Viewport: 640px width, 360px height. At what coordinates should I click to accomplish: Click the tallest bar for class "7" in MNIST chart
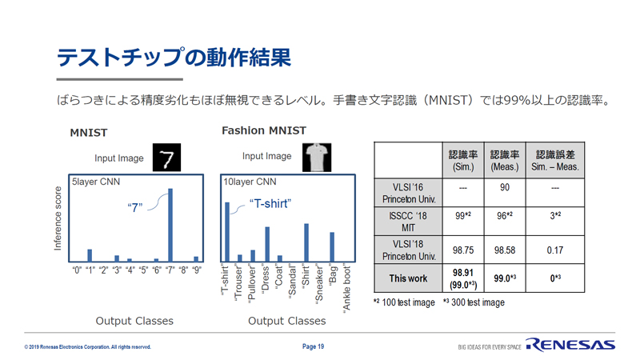click(x=170, y=225)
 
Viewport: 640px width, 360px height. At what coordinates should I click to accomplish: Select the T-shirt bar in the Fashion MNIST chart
click(x=227, y=232)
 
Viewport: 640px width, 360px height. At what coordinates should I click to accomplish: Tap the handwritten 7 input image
click(x=166, y=158)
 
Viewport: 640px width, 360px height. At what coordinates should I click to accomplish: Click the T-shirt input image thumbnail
click(x=317, y=158)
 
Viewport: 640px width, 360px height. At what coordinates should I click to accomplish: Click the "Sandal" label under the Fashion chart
click(x=292, y=282)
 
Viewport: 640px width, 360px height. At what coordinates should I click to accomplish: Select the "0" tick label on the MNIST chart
click(x=77, y=270)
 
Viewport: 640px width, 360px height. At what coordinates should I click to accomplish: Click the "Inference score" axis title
click(x=58, y=218)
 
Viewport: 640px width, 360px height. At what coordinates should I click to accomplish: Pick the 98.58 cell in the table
click(x=505, y=250)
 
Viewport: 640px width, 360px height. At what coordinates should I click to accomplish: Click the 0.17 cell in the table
click(x=555, y=250)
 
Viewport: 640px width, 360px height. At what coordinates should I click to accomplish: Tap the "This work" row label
click(x=408, y=278)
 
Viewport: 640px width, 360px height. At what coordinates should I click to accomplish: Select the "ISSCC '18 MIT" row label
click(x=408, y=222)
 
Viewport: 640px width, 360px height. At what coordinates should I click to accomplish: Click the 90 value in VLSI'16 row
click(x=505, y=187)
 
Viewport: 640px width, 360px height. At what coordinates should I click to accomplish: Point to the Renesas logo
click(x=570, y=345)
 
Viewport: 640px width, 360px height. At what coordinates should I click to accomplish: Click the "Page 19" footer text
click(x=313, y=346)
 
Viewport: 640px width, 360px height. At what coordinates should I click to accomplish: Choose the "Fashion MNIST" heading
click(x=264, y=130)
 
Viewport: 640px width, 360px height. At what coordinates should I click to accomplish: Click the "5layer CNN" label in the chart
click(x=96, y=182)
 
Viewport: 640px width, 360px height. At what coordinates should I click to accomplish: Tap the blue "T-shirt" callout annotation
click(x=270, y=204)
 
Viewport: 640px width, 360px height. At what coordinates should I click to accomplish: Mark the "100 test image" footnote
click(x=404, y=302)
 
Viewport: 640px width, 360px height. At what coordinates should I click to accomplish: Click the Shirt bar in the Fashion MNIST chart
click(x=306, y=242)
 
